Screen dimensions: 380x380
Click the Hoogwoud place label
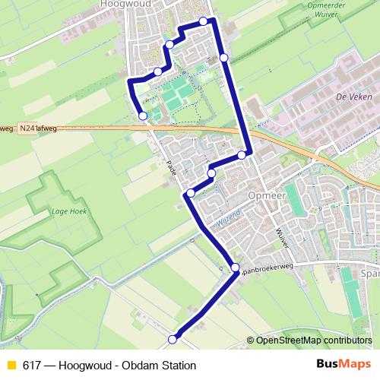click(x=125, y=4)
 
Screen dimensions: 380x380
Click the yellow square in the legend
click(x=10, y=366)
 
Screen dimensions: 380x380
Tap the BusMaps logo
click(x=344, y=365)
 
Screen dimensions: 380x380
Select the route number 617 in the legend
click(x=32, y=366)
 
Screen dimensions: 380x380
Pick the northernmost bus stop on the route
click(x=203, y=21)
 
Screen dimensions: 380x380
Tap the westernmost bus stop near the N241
click(x=143, y=116)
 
